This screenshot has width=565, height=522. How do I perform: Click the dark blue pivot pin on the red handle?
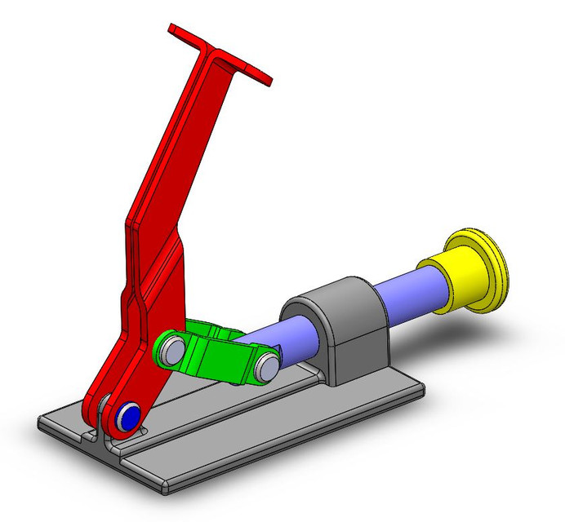point(127,417)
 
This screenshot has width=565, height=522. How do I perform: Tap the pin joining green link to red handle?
point(171,350)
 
